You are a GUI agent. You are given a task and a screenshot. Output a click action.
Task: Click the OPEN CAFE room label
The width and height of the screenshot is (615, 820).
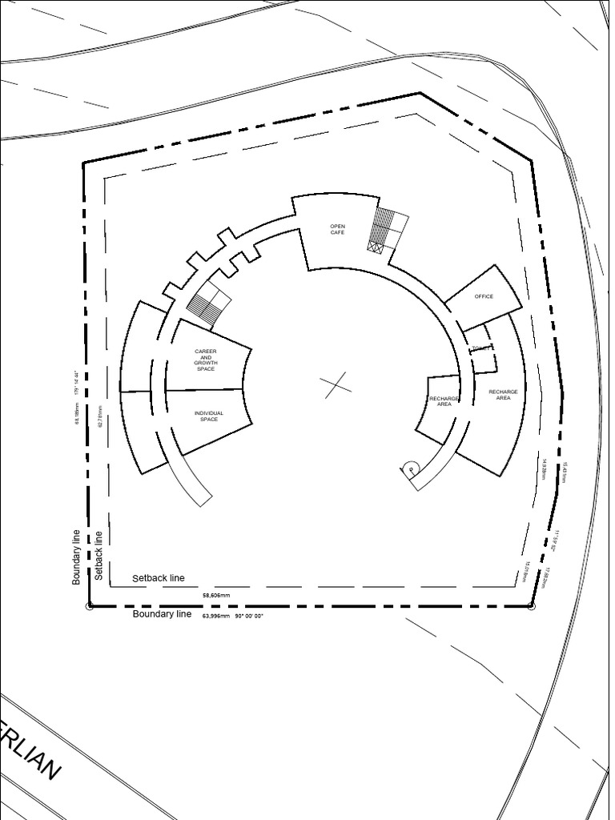click(337, 229)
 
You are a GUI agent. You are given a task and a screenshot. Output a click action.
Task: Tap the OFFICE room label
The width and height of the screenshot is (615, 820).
click(484, 296)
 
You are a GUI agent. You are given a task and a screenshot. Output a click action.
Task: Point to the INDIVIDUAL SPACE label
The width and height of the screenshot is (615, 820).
click(209, 416)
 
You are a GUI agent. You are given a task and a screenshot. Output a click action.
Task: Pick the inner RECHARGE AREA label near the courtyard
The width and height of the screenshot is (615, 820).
click(444, 401)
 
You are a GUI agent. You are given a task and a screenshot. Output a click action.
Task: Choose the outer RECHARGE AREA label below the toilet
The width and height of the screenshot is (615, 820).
click(503, 394)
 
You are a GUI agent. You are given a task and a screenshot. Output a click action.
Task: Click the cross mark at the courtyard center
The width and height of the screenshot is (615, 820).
click(336, 385)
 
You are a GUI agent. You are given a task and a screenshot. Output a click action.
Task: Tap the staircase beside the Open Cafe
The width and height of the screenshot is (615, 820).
click(387, 231)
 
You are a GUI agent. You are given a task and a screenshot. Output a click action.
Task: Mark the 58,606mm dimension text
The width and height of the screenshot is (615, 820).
click(216, 596)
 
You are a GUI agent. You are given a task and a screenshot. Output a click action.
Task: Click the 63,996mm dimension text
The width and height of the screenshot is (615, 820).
click(216, 617)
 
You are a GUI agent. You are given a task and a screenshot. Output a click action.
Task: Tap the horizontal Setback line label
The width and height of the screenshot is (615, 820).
click(158, 578)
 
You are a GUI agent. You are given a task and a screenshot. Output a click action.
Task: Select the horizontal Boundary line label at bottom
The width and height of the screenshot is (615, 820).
click(162, 614)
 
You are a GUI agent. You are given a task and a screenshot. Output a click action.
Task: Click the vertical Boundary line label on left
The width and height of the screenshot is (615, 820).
click(77, 557)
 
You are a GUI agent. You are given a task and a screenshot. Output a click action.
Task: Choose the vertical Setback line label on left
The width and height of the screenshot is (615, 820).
click(98, 555)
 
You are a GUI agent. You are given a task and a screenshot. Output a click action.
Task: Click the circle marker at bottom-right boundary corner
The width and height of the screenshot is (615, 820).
click(531, 606)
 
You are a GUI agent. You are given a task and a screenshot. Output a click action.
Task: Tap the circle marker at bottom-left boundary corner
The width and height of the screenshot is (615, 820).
click(89, 606)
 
